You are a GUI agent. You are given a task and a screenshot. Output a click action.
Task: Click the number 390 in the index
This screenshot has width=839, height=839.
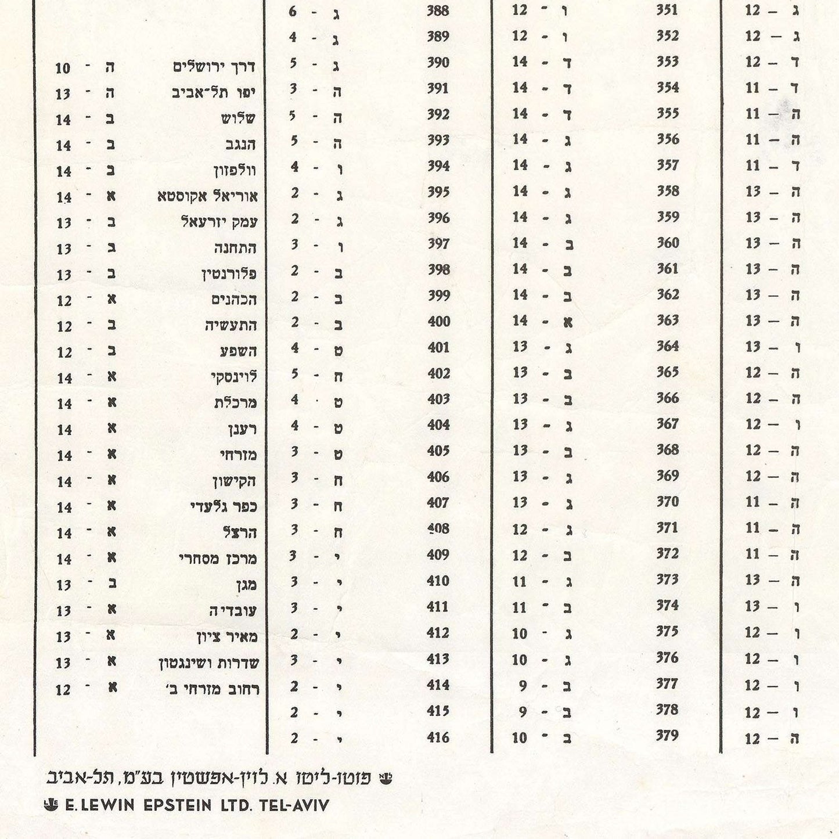coord(438,63)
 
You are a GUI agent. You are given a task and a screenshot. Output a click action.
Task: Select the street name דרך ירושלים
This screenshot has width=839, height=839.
coord(214,67)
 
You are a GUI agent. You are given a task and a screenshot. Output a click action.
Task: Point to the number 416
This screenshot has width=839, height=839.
coord(438,737)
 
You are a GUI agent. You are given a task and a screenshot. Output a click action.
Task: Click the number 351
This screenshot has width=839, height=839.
coord(667,10)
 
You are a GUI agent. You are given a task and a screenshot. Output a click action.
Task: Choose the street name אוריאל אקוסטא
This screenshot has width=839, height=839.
coord(207,196)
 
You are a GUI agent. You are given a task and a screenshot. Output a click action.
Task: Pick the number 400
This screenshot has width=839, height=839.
coord(438,322)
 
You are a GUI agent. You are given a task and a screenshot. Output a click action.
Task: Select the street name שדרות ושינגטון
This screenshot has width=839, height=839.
coord(208,662)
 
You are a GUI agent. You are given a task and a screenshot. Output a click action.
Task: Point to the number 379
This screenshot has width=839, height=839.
coord(667,736)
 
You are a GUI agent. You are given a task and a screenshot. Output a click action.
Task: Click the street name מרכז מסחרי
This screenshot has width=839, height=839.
coord(218,559)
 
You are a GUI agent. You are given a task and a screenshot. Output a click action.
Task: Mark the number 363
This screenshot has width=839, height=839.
coord(668,321)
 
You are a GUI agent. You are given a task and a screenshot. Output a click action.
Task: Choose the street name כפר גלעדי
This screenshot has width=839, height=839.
coord(224,507)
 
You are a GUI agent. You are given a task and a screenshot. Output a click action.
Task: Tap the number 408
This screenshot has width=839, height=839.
coord(438,529)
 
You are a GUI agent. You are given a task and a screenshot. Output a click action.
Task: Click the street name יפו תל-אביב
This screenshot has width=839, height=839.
coord(214,93)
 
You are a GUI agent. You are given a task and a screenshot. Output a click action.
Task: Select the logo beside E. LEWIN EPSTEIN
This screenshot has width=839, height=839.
coord(51,805)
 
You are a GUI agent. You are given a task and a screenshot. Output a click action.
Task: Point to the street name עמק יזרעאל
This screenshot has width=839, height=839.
coord(219,222)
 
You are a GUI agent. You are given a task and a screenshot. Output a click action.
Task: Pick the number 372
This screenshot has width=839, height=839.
coord(668,554)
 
